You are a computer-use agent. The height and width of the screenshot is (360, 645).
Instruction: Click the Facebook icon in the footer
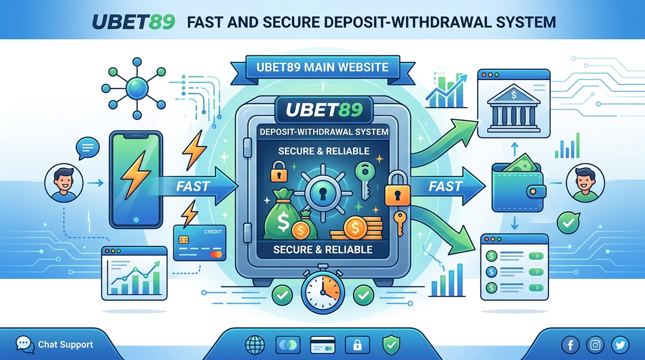(x=570, y=345)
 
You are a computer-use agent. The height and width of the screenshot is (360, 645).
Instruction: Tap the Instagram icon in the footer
(x=595, y=345)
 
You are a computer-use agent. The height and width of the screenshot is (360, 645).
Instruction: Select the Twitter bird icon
(x=620, y=345)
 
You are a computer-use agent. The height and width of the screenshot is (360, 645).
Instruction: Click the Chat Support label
(x=65, y=345)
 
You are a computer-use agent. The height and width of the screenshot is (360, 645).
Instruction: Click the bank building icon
(x=514, y=108)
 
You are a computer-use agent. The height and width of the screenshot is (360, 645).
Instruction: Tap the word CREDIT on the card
(x=213, y=232)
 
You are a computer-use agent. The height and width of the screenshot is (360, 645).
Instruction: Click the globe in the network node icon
(x=137, y=88)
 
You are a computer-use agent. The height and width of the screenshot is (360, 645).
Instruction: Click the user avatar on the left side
(x=64, y=183)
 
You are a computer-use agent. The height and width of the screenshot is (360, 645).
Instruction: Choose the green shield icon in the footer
(x=391, y=345)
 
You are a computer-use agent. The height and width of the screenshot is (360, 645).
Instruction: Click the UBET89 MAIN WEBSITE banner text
(x=322, y=67)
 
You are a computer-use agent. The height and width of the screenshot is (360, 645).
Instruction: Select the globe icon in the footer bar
(x=255, y=345)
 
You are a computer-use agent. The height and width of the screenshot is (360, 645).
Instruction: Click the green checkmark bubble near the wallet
(x=569, y=223)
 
